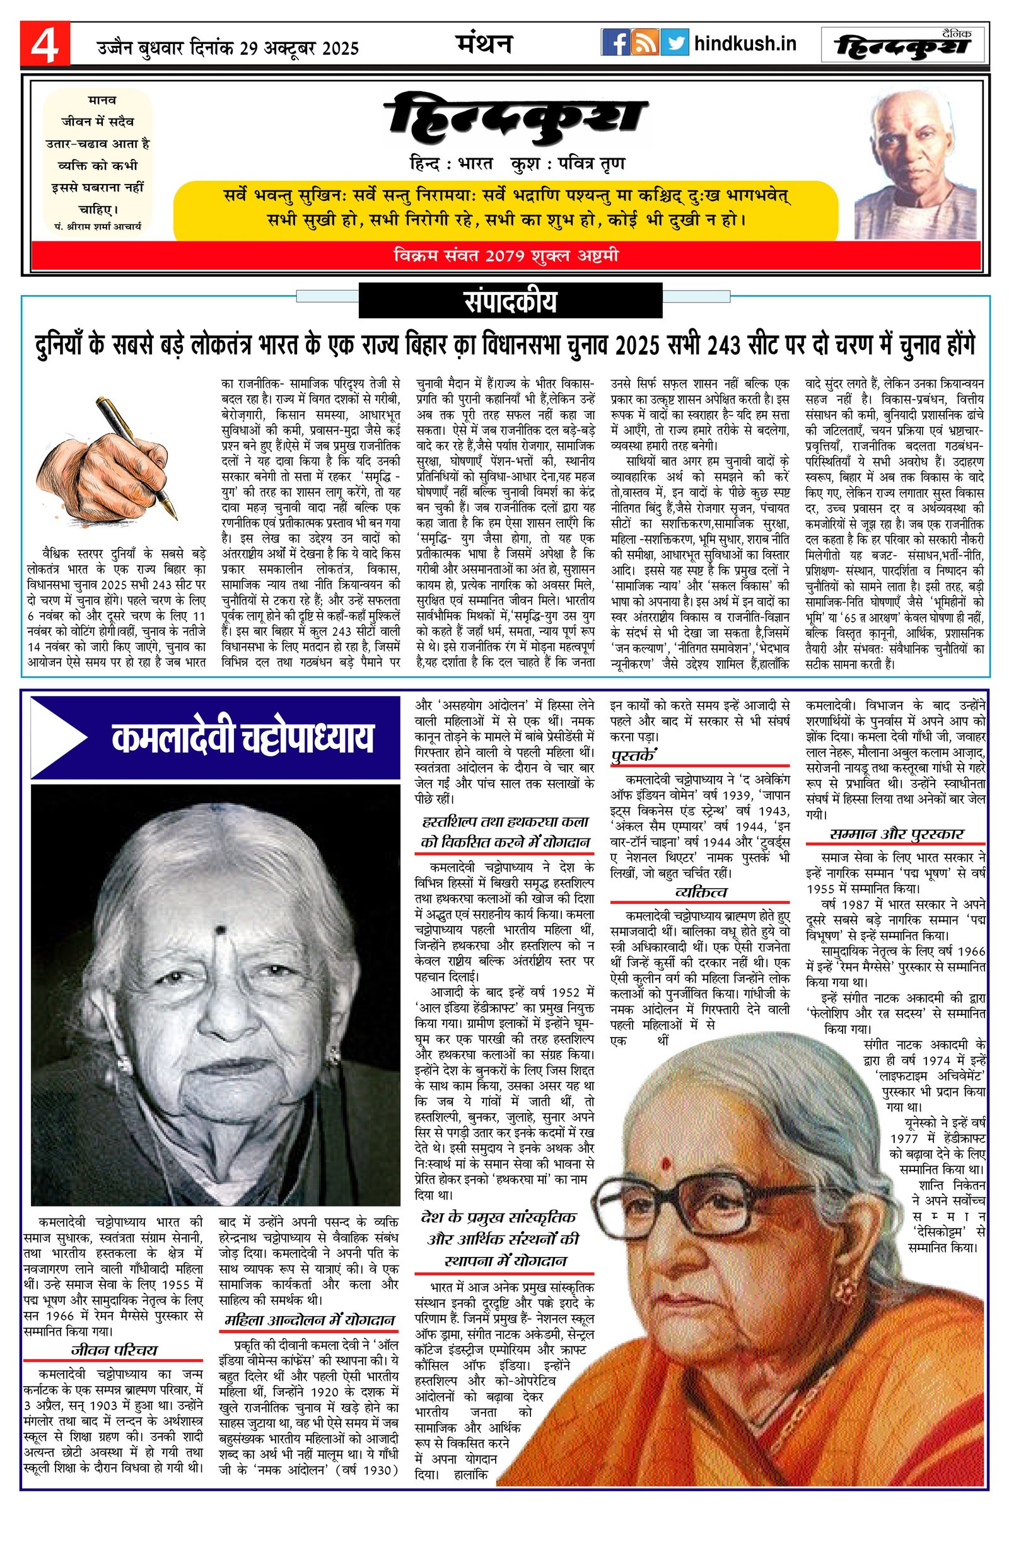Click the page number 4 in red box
[x=44, y=44]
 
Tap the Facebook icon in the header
[x=614, y=43]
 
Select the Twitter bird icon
[x=674, y=43]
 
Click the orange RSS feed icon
[x=645, y=43]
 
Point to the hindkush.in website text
[x=745, y=43]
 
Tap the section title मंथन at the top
[x=483, y=43]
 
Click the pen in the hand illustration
[x=136, y=456]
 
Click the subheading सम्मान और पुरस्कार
[x=896, y=834]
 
